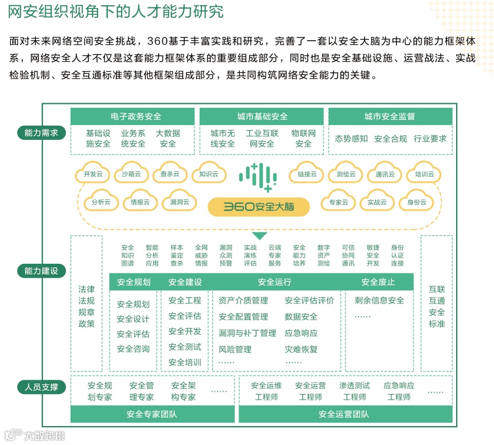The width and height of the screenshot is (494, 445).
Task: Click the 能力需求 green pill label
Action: point(41,133)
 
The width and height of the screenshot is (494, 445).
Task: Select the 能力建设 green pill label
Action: point(41,271)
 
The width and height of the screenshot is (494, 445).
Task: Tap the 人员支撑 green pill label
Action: point(41,387)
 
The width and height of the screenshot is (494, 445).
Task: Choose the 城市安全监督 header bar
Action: point(390,116)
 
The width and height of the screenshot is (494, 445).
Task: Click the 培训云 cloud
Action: point(424,174)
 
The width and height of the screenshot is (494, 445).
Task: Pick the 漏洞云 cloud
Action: point(179,202)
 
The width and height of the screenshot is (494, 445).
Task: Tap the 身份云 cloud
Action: point(417,202)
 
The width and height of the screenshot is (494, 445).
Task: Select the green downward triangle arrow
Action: point(259,236)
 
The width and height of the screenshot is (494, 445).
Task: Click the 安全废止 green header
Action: point(378,282)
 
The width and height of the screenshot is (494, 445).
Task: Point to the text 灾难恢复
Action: point(301,349)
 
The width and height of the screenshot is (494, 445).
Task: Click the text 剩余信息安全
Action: point(379,300)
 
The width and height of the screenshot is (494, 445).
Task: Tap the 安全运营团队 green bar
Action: point(344,414)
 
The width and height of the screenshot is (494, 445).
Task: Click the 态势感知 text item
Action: point(351,138)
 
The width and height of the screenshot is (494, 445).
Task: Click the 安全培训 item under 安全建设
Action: point(185,362)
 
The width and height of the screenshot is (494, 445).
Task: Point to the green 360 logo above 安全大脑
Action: point(258,176)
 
